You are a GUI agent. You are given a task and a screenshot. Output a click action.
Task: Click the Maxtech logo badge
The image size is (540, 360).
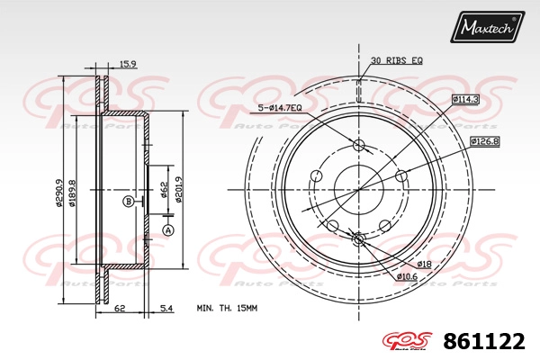click(487, 27)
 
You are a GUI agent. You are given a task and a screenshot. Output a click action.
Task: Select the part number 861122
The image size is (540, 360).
click(484, 341)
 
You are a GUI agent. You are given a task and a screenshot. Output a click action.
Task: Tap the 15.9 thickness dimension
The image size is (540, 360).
click(128, 63)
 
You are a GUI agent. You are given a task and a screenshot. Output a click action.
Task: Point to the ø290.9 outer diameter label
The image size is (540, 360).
click(59, 193)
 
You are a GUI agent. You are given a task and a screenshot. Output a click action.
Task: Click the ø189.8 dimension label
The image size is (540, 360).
click(72, 193)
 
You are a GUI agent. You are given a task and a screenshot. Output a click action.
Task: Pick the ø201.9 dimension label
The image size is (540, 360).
click(178, 190)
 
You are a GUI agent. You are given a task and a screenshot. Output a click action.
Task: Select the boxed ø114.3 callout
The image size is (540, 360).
click(465, 100)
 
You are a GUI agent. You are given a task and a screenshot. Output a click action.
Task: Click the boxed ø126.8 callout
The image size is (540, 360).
click(485, 141)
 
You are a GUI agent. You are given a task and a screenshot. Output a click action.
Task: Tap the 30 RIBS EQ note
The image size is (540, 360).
click(396, 60)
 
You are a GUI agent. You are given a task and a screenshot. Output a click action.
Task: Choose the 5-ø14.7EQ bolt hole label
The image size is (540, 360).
click(280, 108)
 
